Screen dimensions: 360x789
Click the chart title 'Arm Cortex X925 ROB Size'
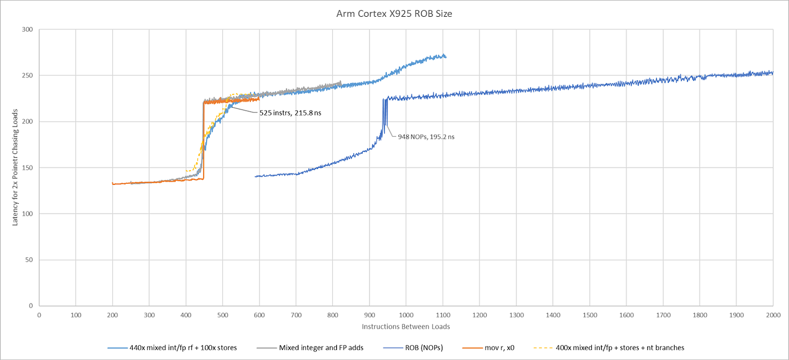[x=394, y=14]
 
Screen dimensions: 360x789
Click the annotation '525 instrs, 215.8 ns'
[x=286, y=115]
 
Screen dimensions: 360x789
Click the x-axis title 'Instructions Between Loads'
[x=405, y=326]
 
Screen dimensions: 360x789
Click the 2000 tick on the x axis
[x=773, y=314]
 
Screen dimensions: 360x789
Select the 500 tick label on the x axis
[x=222, y=314]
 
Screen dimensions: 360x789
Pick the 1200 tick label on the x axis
[x=479, y=314]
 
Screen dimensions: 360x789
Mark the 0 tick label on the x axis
[x=39, y=314]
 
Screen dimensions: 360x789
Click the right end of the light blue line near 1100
[x=445, y=56]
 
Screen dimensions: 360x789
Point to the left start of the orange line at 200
[x=113, y=184]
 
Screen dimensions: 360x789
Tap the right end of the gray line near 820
[x=340, y=82]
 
